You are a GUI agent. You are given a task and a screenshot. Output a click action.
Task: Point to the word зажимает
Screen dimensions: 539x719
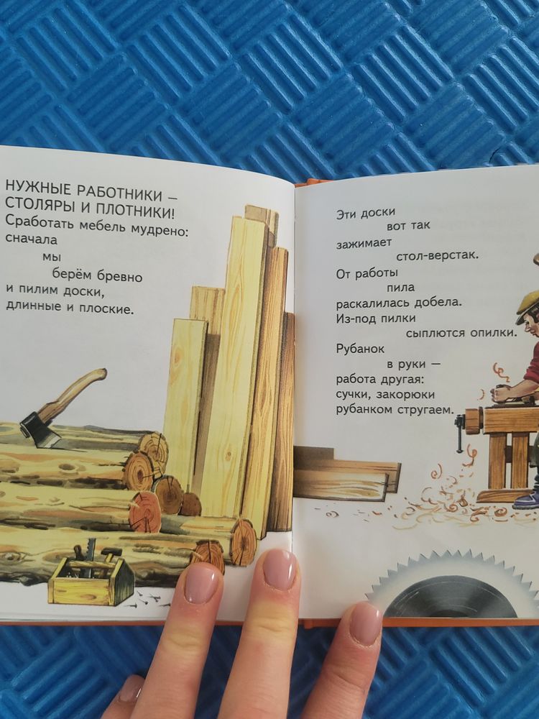[363, 243]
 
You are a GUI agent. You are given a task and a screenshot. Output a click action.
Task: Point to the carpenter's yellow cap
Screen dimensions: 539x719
[530, 300]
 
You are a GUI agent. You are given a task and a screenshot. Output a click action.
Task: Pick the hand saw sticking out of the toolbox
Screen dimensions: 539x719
[91, 557]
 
